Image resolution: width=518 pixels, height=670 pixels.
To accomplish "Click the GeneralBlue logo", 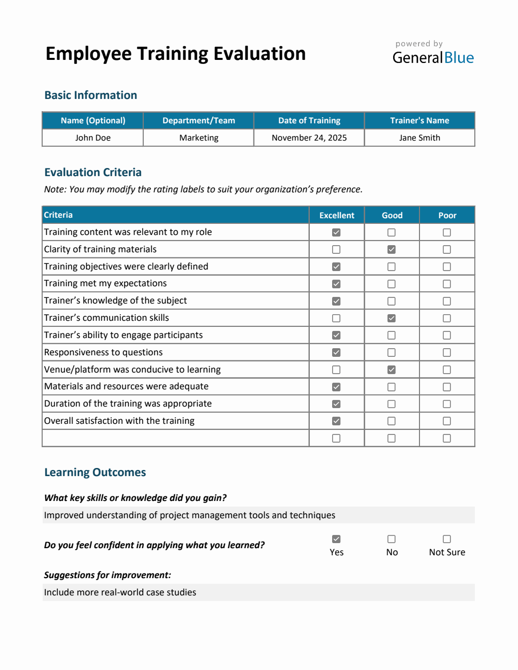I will (x=433, y=57).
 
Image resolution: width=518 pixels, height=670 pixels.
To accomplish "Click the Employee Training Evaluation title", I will (x=175, y=54).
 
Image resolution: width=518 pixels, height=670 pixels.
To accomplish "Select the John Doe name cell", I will (x=93, y=138).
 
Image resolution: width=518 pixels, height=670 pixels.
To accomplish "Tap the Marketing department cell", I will (x=199, y=138).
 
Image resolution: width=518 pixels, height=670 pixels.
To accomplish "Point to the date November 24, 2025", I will (x=309, y=138).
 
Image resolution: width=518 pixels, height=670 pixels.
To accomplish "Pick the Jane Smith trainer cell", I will (x=419, y=138).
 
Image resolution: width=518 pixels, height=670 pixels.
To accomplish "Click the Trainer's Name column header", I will (x=419, y=121).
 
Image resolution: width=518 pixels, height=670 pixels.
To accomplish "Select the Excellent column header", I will (x=337, y=215).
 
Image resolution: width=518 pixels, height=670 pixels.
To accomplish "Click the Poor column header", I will (x=447, y=215).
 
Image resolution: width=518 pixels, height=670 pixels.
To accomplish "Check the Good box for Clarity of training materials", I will (x=392, y=250).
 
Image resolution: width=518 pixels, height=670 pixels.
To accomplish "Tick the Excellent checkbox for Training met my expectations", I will (x=336, y=284).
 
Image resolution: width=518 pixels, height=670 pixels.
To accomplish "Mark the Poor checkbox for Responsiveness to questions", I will (x=447, y=353).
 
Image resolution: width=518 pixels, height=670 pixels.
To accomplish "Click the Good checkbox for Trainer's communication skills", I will (x=392, y=318).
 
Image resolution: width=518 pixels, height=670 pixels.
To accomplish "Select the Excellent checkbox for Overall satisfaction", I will (x=336, y=421).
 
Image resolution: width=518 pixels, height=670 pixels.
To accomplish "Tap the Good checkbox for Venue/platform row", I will (x=392, y=370).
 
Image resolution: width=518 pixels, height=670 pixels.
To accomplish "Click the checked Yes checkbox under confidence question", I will (x=336, y=539).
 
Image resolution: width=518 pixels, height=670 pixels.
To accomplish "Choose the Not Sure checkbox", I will (x=447, y=539).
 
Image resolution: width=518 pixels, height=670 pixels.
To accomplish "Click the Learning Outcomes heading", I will (x=95, y=473).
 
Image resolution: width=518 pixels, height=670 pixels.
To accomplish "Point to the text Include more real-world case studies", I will (x=120, y=592).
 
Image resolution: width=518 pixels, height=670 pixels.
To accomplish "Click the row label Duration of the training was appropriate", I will (x=128, y=404).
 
